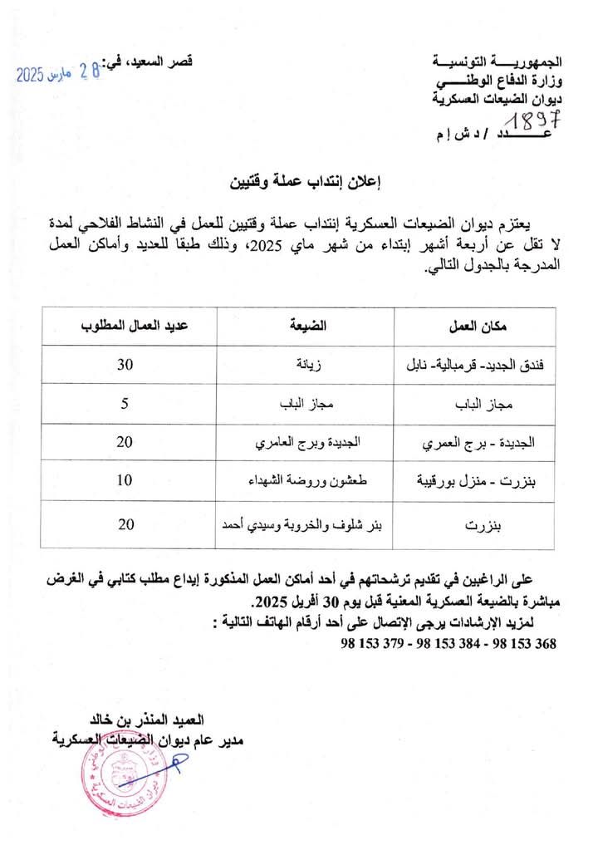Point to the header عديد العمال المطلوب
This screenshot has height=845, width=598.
(130, 325)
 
